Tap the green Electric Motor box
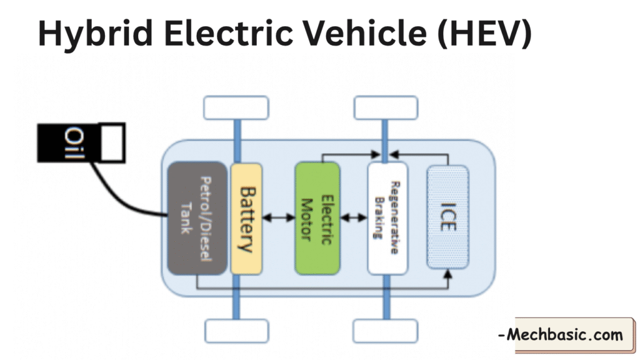click(317, 218)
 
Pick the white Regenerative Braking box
click(387, 218)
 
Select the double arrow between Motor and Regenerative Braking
click(354, 218)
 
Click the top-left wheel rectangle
click(236, 107)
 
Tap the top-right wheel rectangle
click(386, 107)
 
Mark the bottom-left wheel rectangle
click(236, 330)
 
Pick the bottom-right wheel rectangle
click(386, 330)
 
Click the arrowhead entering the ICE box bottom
click(447, 274)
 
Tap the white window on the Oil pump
click(113, 142)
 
